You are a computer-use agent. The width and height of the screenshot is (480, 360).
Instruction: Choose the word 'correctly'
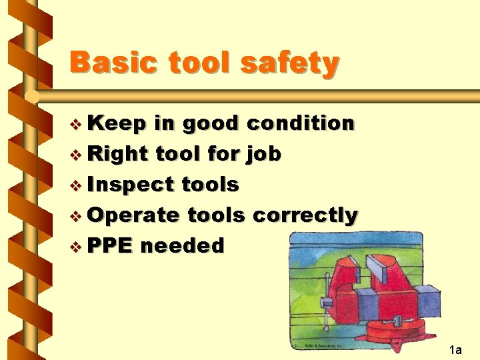(x=306, y=215)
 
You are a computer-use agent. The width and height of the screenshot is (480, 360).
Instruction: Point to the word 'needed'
(x=183, y=245)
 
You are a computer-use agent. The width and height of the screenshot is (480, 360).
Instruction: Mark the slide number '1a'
(x=455, y=349)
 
